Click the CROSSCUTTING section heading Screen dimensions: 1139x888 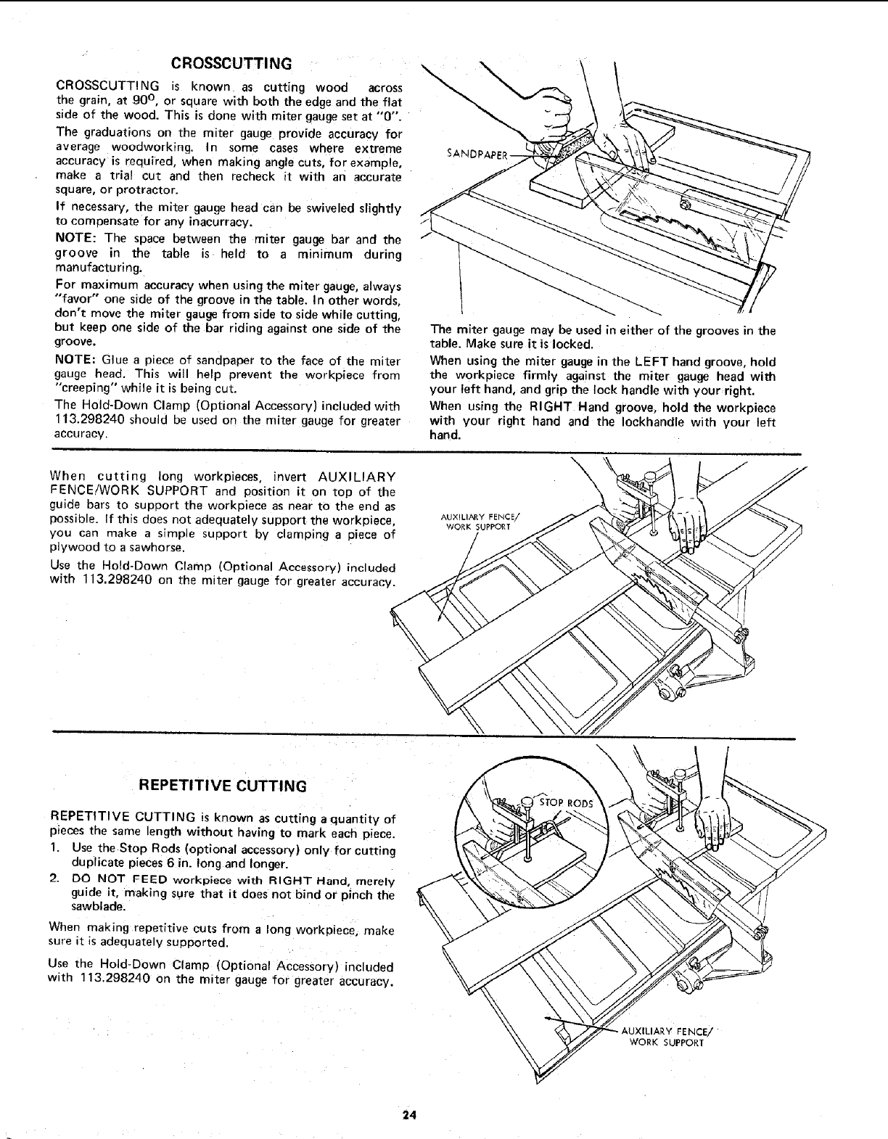230,61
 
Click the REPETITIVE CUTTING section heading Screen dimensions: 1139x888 223,786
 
